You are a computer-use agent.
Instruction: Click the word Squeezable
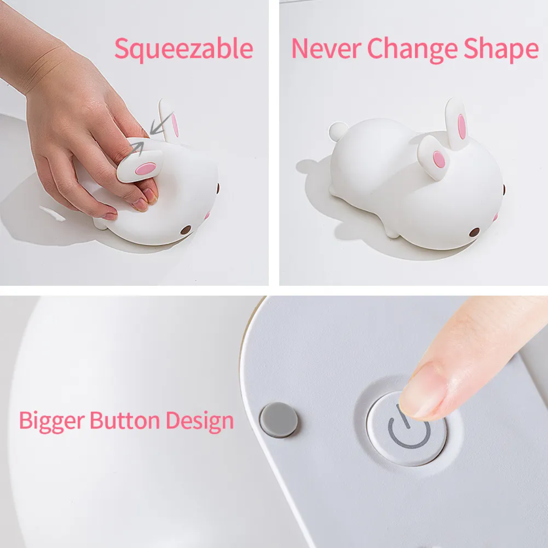pyautogui.click(x=184, y=49)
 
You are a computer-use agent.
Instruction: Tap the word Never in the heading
pyautogui.click(x=326, y=49)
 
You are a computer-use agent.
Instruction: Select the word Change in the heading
pyautogui.click(x=412, y=50)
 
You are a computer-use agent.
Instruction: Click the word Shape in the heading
pyautogui.click(x=501, y=50)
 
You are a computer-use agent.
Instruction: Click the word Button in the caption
pyautogui.click(x=125, y=420)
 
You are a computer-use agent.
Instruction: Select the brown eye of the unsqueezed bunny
pyautogui.click(x=474, y=232)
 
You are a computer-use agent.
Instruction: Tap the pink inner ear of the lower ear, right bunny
pyautogui.click(x=439, y=159)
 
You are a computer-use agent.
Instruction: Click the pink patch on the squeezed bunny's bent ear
pyautogui.click(x=146, y=169)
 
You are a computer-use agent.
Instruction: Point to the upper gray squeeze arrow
pyautogui.click(x=161, y=124)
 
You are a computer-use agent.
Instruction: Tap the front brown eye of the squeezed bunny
pyautogui.click(x=186, y=230)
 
